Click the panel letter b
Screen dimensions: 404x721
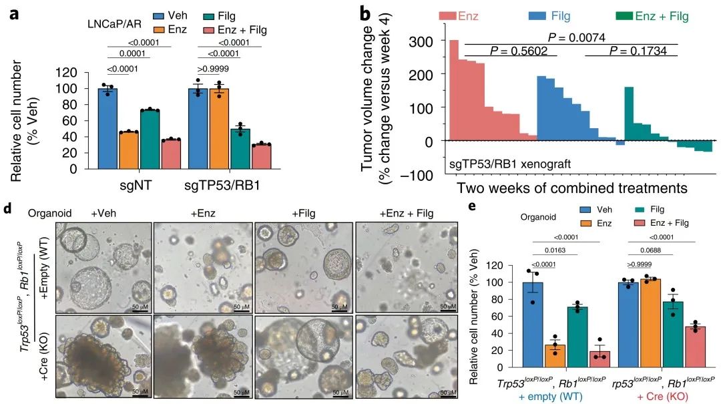366,13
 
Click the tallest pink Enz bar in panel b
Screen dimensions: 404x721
454,91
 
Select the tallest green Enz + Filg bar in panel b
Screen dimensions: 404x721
628,114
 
